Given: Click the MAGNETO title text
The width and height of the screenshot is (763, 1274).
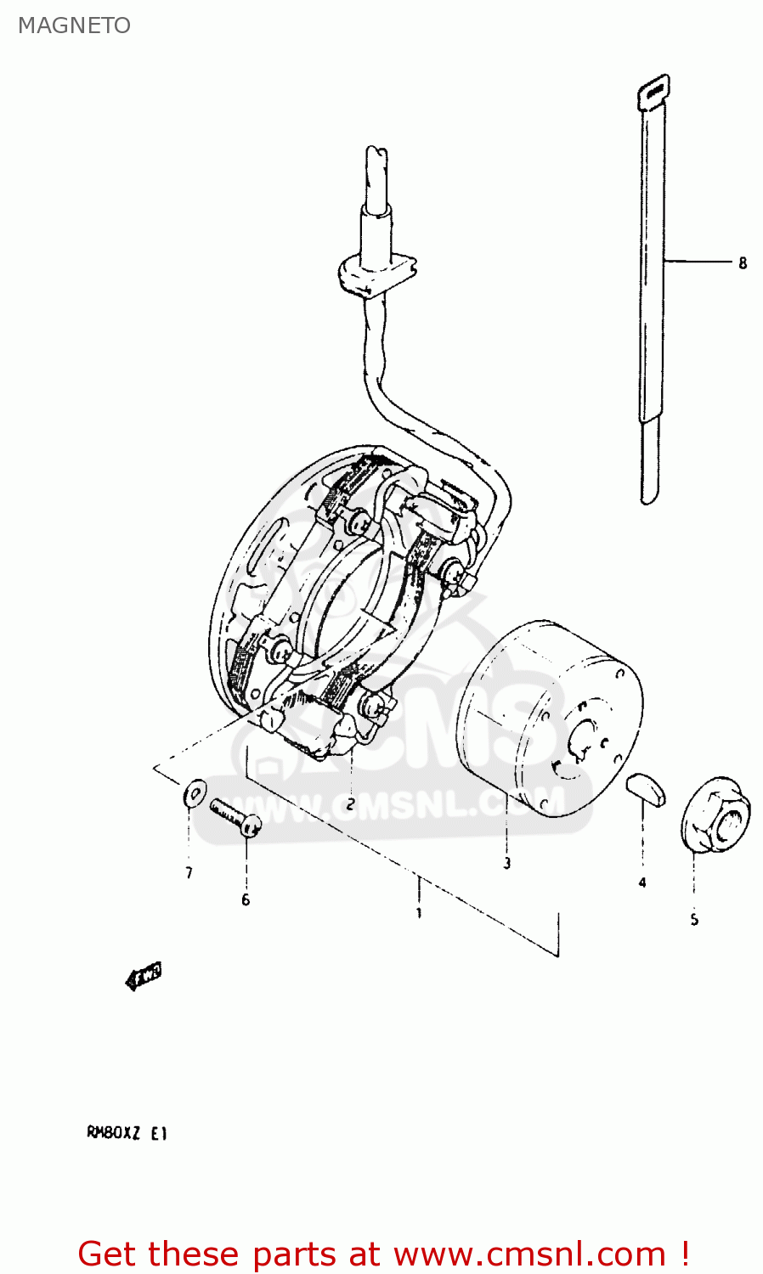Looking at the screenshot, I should [74, 25].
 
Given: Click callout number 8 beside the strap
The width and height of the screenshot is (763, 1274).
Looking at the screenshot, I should [743, 263].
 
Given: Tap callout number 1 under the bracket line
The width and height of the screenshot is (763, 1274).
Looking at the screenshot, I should [418, 913].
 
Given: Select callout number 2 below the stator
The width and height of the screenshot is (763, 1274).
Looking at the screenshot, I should [350, 804].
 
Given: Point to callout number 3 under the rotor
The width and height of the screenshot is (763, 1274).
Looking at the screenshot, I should [506, 863].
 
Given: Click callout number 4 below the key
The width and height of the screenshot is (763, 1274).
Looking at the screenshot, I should [642, 882].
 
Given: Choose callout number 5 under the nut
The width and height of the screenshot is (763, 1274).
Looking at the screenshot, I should [694, 919].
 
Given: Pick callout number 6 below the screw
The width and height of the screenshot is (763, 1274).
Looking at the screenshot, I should [246, 899].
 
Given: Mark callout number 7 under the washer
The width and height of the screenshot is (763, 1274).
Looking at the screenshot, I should [189, 872].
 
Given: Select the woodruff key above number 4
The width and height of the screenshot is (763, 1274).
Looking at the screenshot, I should [646, 788].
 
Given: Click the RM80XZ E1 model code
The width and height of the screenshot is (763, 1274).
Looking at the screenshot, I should [127, 1132].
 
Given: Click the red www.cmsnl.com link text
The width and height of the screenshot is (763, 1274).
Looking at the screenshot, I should [529, 1254].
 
